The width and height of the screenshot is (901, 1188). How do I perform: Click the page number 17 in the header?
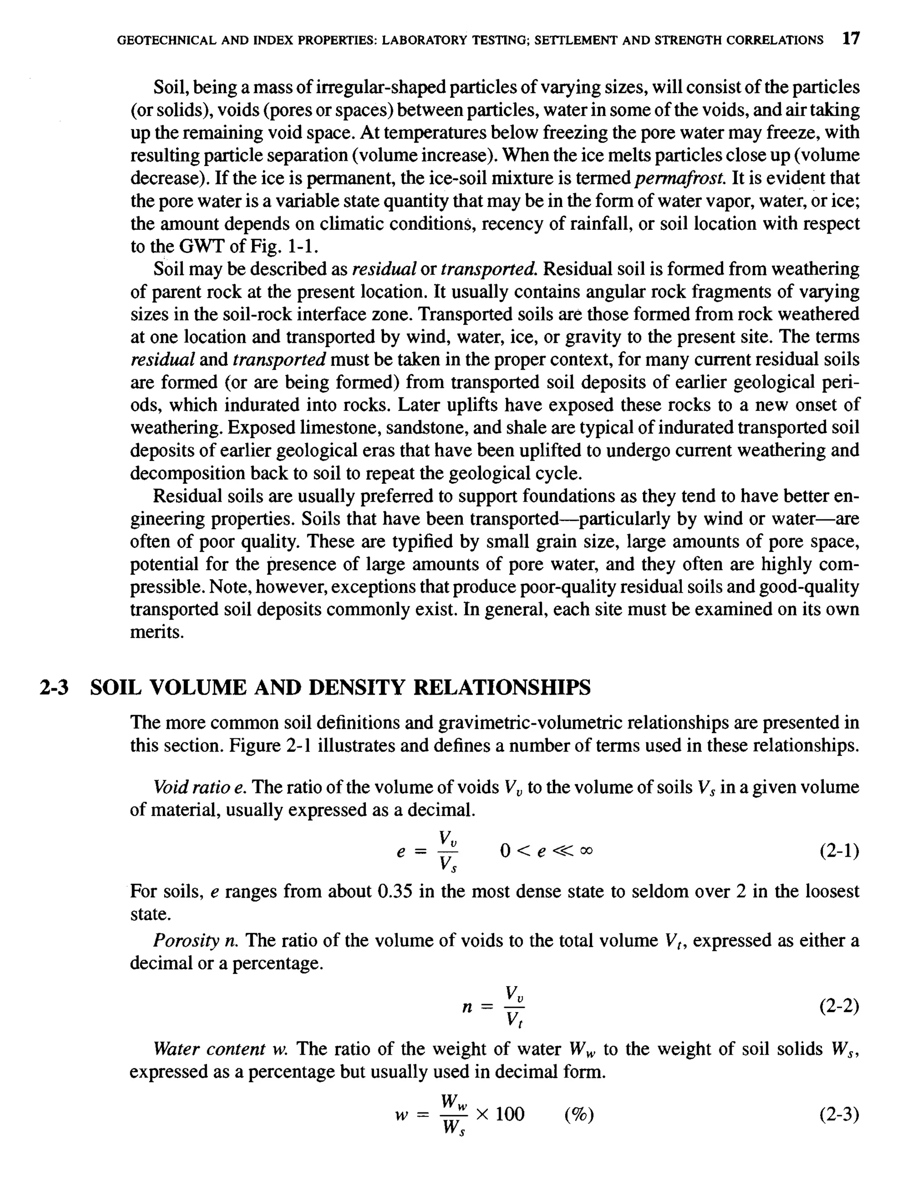(850, 39)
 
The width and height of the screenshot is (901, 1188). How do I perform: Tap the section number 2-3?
(54, 687)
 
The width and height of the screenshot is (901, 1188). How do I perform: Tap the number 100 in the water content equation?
(509, 1115)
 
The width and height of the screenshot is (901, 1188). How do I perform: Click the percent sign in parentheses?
(579, 1115)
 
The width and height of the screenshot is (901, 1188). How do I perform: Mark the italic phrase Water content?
(209, 1049)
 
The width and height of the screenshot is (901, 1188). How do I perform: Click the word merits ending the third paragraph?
(156, 632)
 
